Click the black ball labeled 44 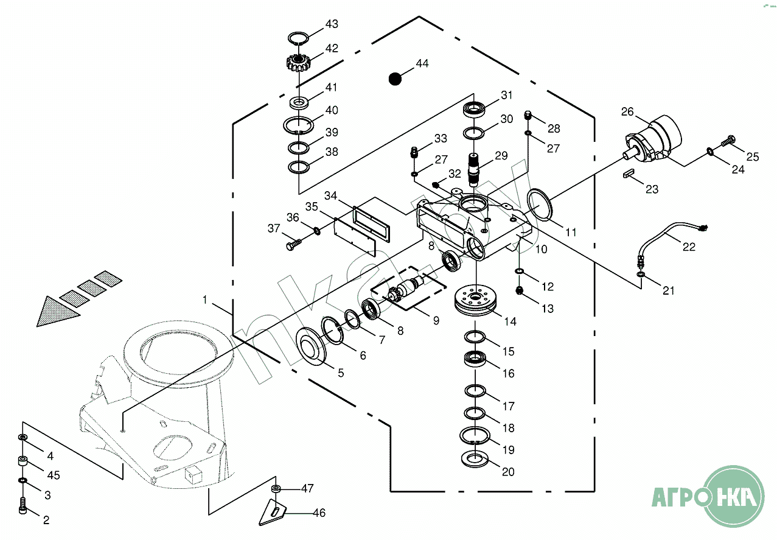point(395,79)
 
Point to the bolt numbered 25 point(729,140)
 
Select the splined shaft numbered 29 point(474,170)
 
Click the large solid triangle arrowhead point(57,312)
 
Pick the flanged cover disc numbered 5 point(311,346)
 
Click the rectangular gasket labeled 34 point(371,224)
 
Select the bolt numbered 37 point(293,244)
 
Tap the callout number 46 point(319,513)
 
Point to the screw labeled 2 point(23,505)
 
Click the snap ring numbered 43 point(298,38)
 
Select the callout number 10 point(541,249)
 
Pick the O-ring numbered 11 point(539,205)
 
